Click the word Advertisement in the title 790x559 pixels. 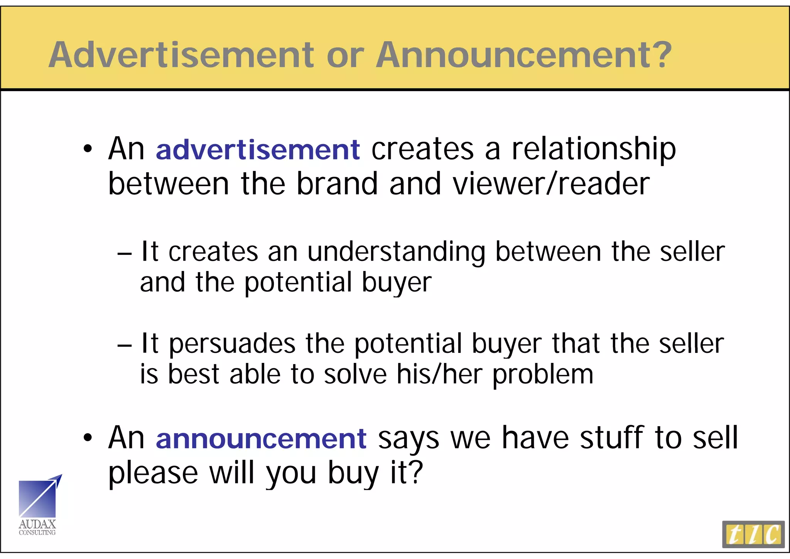(x=181, y=55)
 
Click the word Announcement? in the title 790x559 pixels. (x=524, y=55)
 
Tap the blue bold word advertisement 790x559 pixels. (x=258, y=150)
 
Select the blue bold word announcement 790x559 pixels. (x=261, y=439)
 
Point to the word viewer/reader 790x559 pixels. (x=551, y=184)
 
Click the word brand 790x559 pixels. (x=337, y=184)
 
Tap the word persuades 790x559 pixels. (x=233, y=344)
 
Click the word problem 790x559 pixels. (x=543, y=375)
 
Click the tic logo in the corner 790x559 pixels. (x=753, y=534)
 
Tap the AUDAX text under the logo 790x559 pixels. (x=37, y=524)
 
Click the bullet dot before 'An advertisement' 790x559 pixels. (x=88, y=149)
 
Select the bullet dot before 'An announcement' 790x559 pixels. (x=88, y=438)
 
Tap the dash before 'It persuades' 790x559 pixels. (x=124, y=345)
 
